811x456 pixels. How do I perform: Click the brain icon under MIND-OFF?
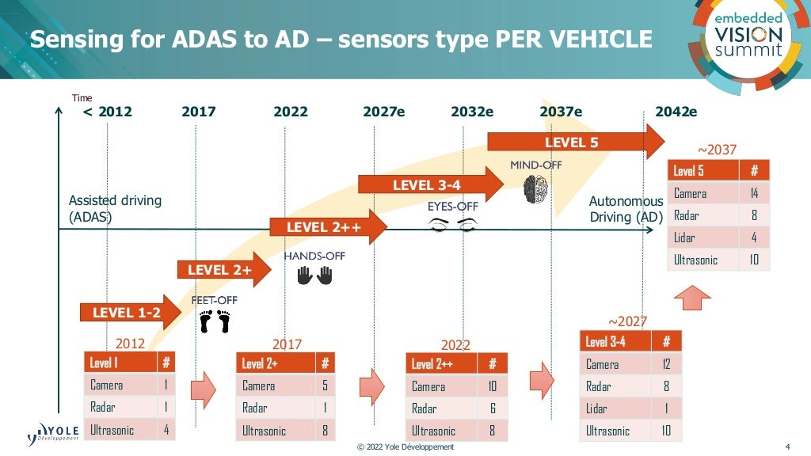[x=535, y=191]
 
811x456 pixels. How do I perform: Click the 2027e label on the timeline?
[x=383, y=112]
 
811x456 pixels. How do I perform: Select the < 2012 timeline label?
[x=108, y=112]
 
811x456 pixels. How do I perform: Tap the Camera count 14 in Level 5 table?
[x=754, y=193]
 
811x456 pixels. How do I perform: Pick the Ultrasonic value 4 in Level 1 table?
[x=165, y=430]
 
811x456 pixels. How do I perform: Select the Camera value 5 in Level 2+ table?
[x=325, y=386]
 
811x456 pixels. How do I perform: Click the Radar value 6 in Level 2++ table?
[x=493, y=408]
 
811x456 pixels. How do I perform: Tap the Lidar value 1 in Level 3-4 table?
[x=666, y=408]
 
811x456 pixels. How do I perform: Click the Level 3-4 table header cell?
[x=615, y=341]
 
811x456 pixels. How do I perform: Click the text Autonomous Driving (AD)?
[x=626, y=209]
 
